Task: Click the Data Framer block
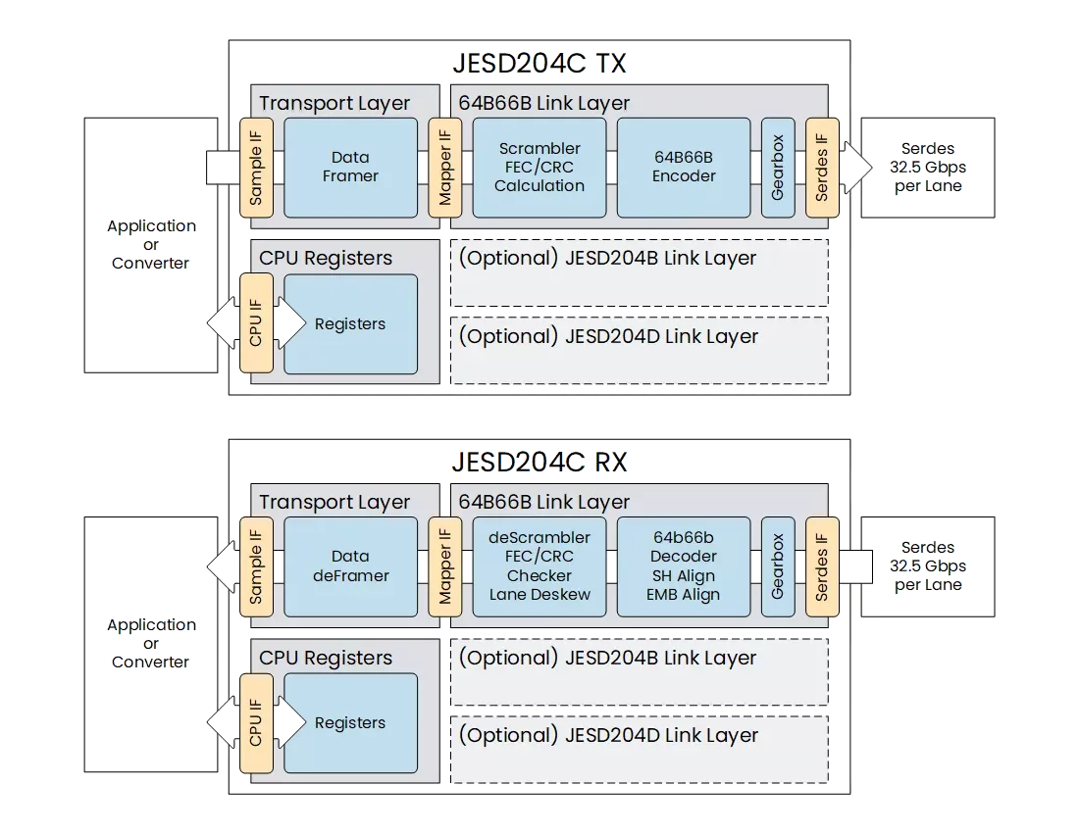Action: (x=350, y=168)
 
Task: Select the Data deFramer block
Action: (x=350, y=566)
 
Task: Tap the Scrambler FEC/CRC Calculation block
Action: (x=539, y=168)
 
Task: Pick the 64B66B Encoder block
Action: (x=684, y=168)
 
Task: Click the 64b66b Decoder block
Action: (x=684, y=566)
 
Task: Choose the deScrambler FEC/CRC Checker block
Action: (x=539, y=566)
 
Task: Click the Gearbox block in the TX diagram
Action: (x=778, y=168)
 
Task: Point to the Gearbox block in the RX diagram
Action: (x=778, y=566)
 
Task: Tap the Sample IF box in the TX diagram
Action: (x=256, y=168)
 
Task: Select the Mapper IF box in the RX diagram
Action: (x=445, y=566)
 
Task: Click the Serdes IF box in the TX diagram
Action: (x=822, y=168)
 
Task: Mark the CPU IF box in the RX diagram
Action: (x=256, y=722)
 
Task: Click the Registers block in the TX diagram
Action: (x=350, y=324)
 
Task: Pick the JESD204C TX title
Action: (x=539, y=64)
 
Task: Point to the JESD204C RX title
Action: (x=539, y=463)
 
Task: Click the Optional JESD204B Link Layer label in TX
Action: (x=607, y=259)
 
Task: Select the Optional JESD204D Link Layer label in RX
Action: (x=607, y=735)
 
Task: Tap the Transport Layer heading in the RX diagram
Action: (x=334, y=502)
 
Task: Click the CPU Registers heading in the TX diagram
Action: (x=325, y=259)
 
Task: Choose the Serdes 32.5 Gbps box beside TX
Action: (x=928, y=168)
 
